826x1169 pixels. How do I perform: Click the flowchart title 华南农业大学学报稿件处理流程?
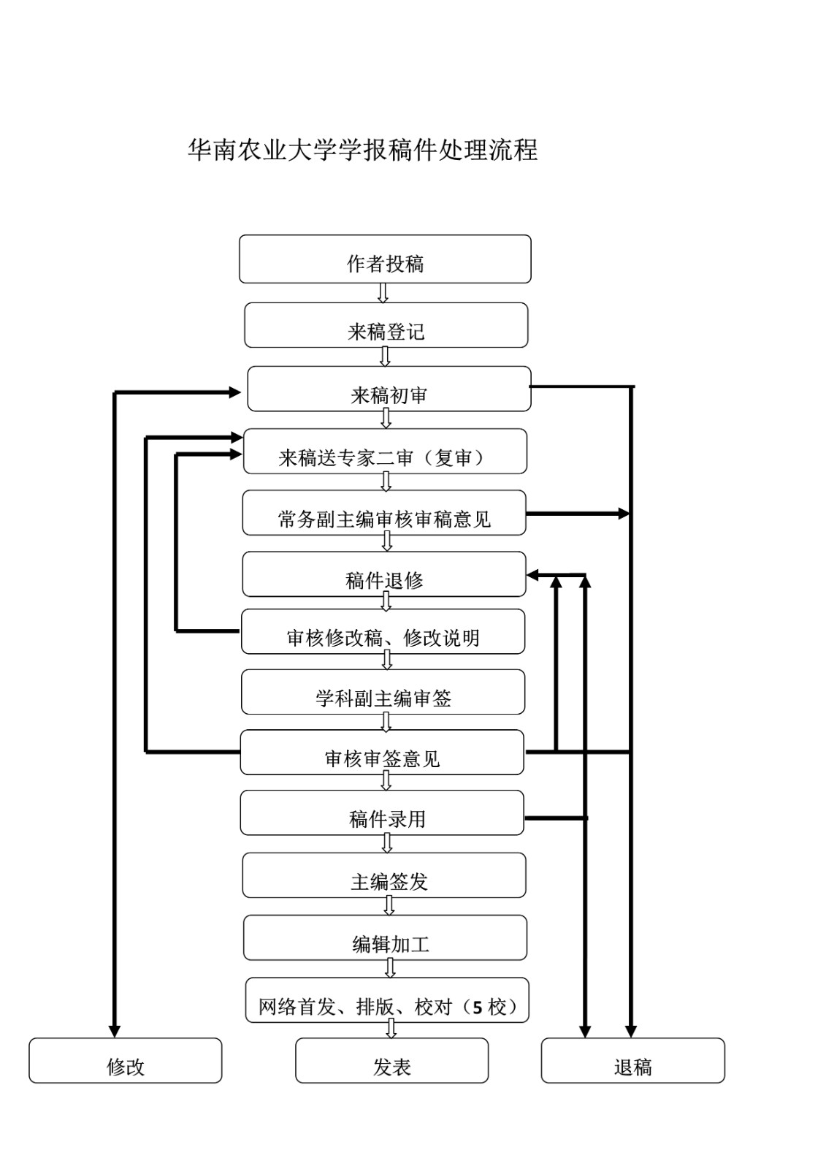click(x=363, y=150)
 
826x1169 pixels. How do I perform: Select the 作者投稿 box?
click(x=385, y=259)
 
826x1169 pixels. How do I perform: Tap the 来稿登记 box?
click(x=386, y=326)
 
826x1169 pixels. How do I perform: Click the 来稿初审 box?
click(x=389, y=389)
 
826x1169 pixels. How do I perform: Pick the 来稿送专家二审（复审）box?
click(x=385, y=452)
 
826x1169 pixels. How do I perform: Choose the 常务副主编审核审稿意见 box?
click(x=384, y=513)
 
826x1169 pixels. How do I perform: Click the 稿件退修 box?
click(x=384, y=574)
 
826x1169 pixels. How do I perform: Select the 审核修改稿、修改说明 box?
click(x=383, y=632)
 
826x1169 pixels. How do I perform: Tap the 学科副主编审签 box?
click(x=383, y=692)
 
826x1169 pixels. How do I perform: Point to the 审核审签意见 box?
click(x=382, y=753)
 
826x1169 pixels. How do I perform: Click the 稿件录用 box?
click(x=382, y=812)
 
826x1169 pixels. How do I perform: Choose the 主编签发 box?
click(x=384, y=875)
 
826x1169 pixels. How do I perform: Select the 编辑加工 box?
click(x=385, y=938)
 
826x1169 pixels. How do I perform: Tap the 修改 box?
click(x=126, y=1061)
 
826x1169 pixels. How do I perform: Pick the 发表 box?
click(x=391, y=1061)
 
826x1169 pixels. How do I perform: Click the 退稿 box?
click(x=632, y=1061)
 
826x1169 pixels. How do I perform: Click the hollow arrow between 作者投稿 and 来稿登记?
click(x=383, y=293)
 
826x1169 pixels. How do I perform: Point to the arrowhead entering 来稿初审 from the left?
click(x=234, y=392)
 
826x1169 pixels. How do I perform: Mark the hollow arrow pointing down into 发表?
click(x=391, y=1029)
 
